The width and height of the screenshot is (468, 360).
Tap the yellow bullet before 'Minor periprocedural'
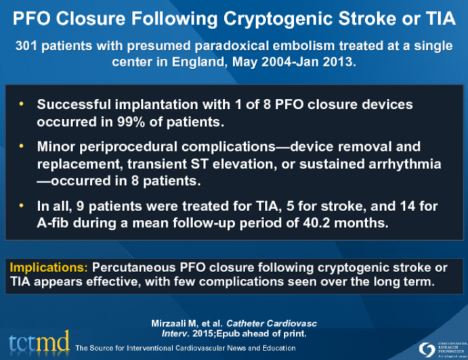[x=22, y=146]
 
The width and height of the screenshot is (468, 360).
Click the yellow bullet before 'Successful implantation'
[x=22, y=104]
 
